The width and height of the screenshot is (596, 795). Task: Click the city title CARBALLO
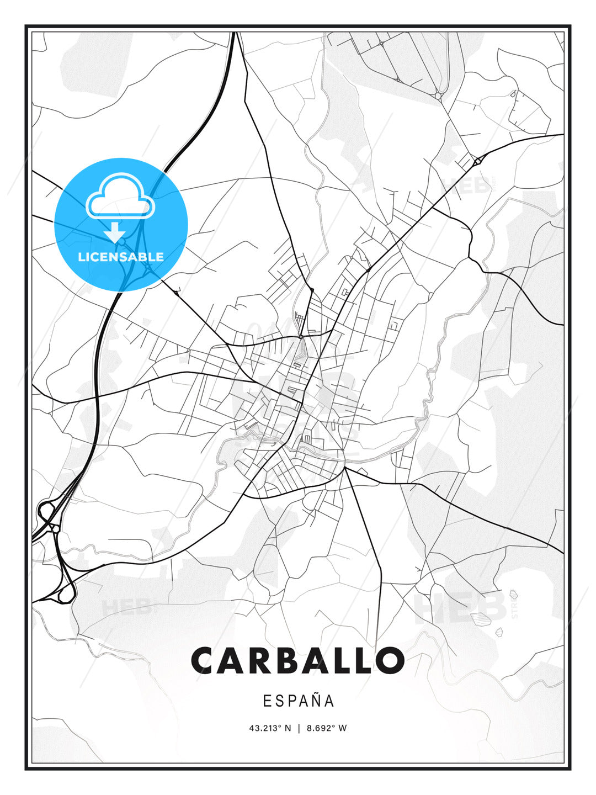[x=298, y=660]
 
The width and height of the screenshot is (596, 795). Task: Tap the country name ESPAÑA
[x=299, y=701]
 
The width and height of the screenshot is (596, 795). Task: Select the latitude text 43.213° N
[x=270, y=728]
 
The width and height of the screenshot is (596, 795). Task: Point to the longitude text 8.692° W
[x=327, y=728]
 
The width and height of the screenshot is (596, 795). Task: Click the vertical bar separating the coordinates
[x=299, y=728]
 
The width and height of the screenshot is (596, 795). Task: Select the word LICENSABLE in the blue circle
[x=121, y=257]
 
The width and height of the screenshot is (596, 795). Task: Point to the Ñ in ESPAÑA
[x=316, y=700]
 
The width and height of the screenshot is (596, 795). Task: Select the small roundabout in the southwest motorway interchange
[x=56, y=528]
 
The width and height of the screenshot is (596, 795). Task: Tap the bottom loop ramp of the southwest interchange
[x=67, y=594]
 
